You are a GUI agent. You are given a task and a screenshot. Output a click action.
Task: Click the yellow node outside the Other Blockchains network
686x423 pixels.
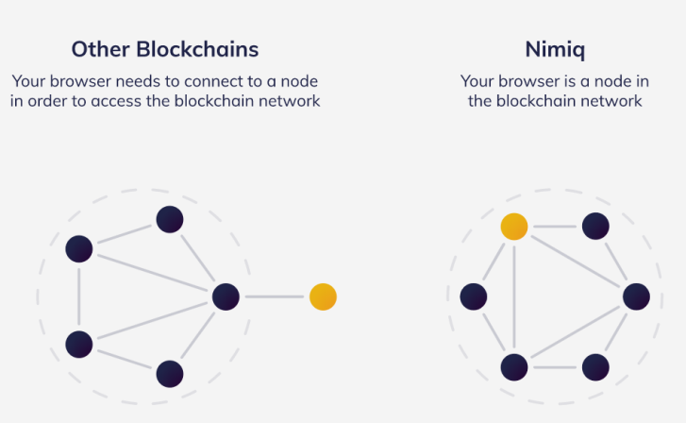coord(323,296)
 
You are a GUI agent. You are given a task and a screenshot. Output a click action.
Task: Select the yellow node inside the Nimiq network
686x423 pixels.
coord(514,227)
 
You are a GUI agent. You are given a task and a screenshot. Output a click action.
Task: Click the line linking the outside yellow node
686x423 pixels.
coord(275,296)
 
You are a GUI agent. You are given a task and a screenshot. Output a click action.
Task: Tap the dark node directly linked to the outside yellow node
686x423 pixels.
coord(226,296)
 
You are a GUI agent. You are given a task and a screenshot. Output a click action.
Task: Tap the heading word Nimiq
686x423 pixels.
coord(555,49)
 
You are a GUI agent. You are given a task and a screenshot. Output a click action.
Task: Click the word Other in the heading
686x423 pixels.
coord(101,49)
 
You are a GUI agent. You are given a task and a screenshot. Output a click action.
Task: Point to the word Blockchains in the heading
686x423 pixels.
coord(197,49)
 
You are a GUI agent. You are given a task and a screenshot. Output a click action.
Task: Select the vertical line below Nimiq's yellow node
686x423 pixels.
coord(514,296)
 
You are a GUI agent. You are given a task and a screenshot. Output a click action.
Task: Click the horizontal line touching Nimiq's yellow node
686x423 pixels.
coord(555,227)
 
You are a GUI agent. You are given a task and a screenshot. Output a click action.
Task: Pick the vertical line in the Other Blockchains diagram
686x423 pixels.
coord(79,296)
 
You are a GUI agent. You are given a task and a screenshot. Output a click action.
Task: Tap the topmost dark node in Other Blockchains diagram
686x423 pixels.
coord(170,219)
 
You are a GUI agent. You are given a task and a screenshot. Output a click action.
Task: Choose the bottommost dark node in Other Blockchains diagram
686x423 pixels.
coord(170,374)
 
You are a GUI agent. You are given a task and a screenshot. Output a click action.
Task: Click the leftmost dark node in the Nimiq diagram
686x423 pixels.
coord(474,296)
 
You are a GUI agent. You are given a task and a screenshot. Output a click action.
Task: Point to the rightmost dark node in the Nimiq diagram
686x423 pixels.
coord(636,296)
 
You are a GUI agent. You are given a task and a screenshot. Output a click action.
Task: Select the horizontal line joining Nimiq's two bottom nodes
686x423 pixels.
coord(555,367)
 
